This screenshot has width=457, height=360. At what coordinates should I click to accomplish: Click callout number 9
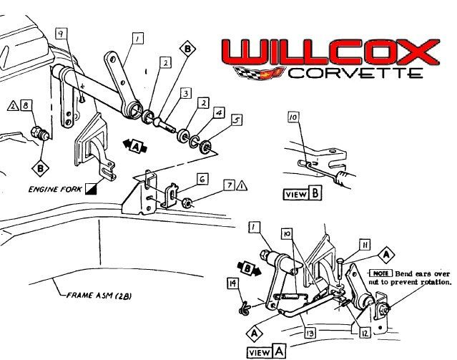point(62,34)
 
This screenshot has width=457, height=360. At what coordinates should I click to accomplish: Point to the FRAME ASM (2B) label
point(97,294)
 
